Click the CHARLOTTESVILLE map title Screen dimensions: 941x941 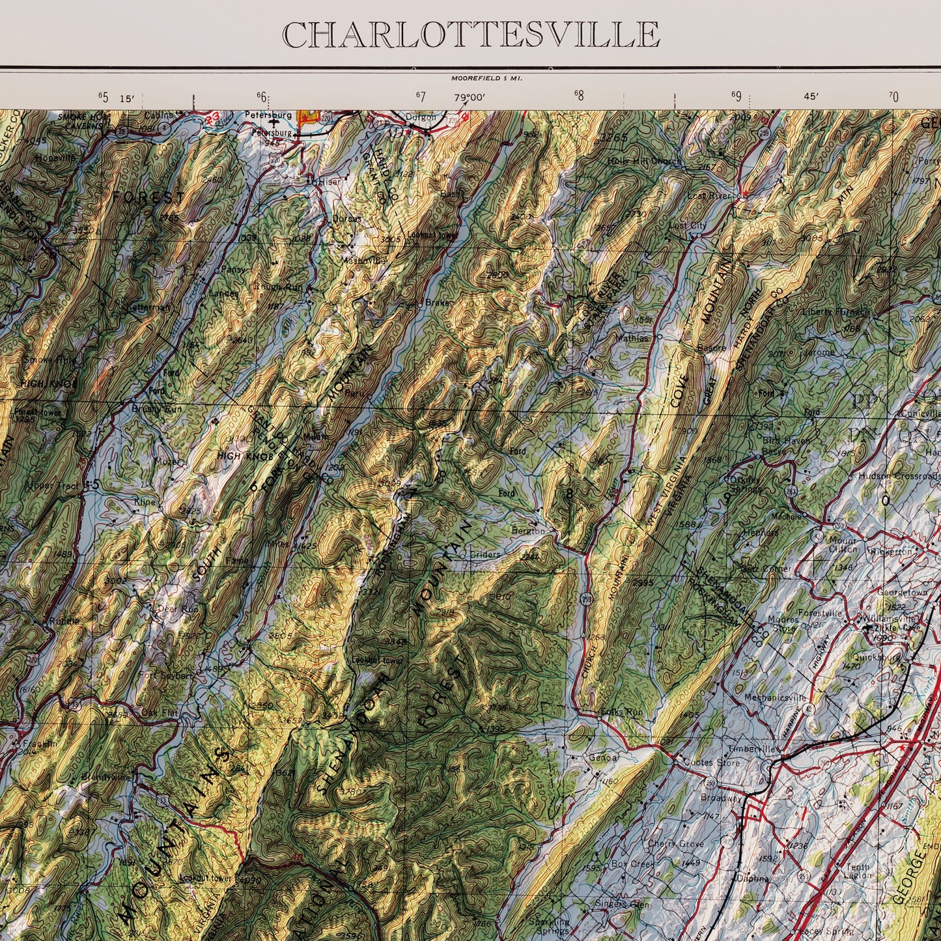[x=471, y=35]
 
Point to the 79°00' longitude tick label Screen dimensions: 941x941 [x=470, y=98]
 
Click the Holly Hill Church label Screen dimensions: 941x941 [x=644, y=162]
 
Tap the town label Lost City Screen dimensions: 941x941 [x=688, y=225]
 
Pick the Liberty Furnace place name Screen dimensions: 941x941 [x=836, y=312]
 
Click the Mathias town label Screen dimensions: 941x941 [x=632, y=338]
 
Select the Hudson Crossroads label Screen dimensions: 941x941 [x=899, y=476]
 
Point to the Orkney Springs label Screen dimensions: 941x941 [x=742, y=485]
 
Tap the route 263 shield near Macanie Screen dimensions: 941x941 [x=791, y=493]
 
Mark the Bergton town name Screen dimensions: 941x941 [x=528, y=531]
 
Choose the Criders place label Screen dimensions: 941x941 [x=486, y=555]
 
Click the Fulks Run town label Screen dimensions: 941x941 [x=622, y=712]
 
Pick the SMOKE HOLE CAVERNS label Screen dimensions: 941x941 [x=83, y=120]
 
